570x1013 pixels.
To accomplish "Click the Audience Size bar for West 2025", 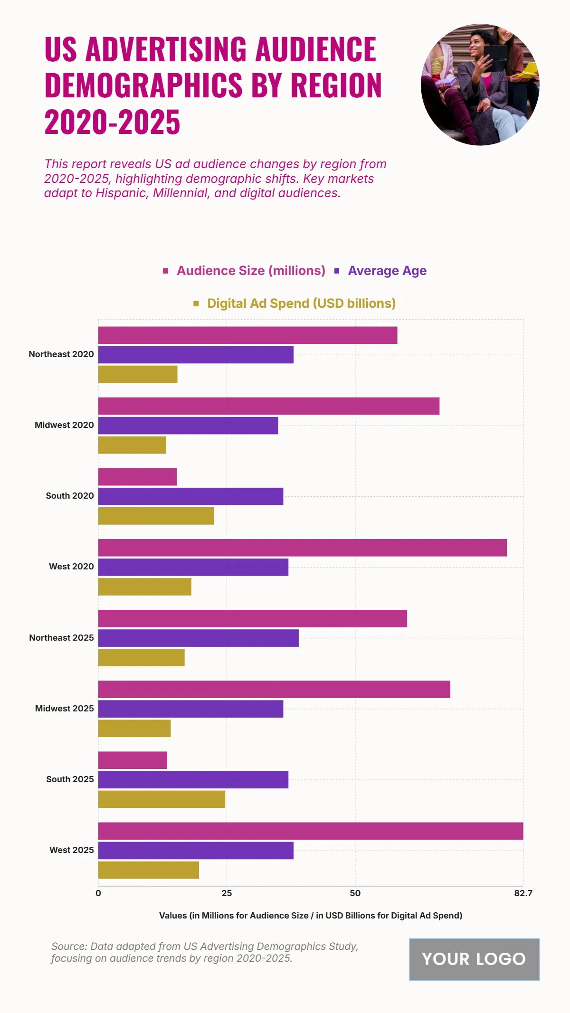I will [311, 831].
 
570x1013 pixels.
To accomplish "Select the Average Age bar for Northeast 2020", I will [196, 354].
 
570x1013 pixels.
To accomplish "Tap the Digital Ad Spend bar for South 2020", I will [156, 516].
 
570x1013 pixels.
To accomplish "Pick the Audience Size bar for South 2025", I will [133, 760].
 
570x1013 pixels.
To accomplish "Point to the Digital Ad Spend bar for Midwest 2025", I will [134, 728].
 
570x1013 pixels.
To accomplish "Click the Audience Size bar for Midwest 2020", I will [269, 406].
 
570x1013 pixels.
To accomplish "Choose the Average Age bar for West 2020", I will [193, 567].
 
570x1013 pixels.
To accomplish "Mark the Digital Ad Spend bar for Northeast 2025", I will [142, 657].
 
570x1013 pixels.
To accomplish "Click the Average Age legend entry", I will [387, 271].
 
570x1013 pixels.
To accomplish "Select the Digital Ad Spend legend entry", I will [301, 303].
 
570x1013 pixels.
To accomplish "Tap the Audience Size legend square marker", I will [165, 271].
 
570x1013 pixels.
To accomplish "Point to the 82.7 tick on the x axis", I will [523, 893].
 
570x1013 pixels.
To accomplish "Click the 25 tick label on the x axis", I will [227, 893].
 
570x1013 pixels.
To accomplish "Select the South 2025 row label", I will [70, 779].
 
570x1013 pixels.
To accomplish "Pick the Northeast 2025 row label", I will [61, 638].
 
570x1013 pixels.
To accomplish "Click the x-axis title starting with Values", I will [311, 916].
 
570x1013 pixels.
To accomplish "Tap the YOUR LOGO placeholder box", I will [474, 959].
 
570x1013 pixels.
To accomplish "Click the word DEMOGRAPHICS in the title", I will [143, 85].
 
